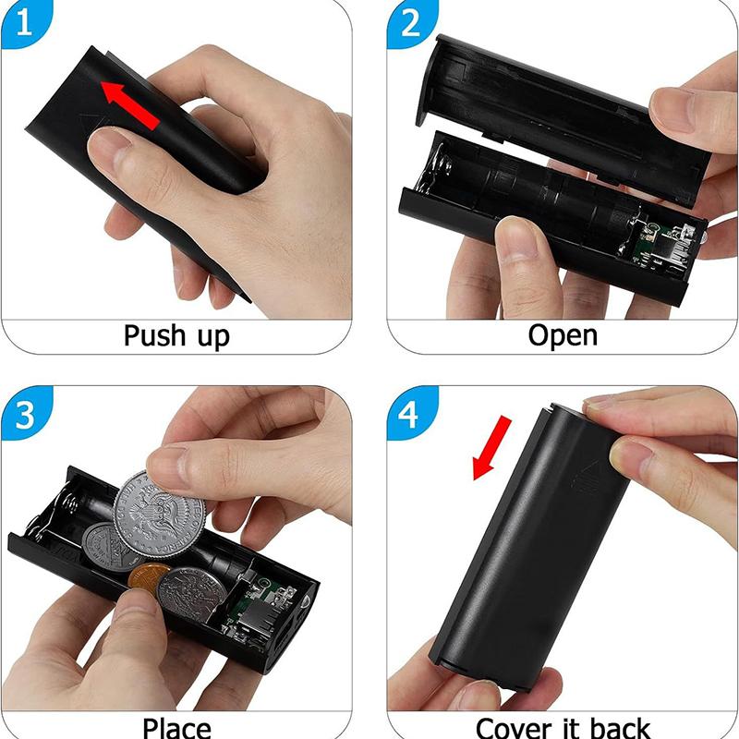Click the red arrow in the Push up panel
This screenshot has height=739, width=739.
[x=130, y=103]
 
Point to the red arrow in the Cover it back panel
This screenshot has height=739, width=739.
[x=490, y=447]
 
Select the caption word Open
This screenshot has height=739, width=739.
[x=563, y=333]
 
